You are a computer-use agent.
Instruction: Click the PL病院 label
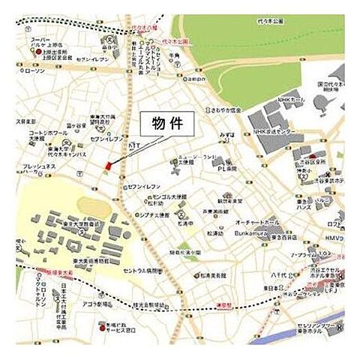pyautogui.click(x=227, y=169)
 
